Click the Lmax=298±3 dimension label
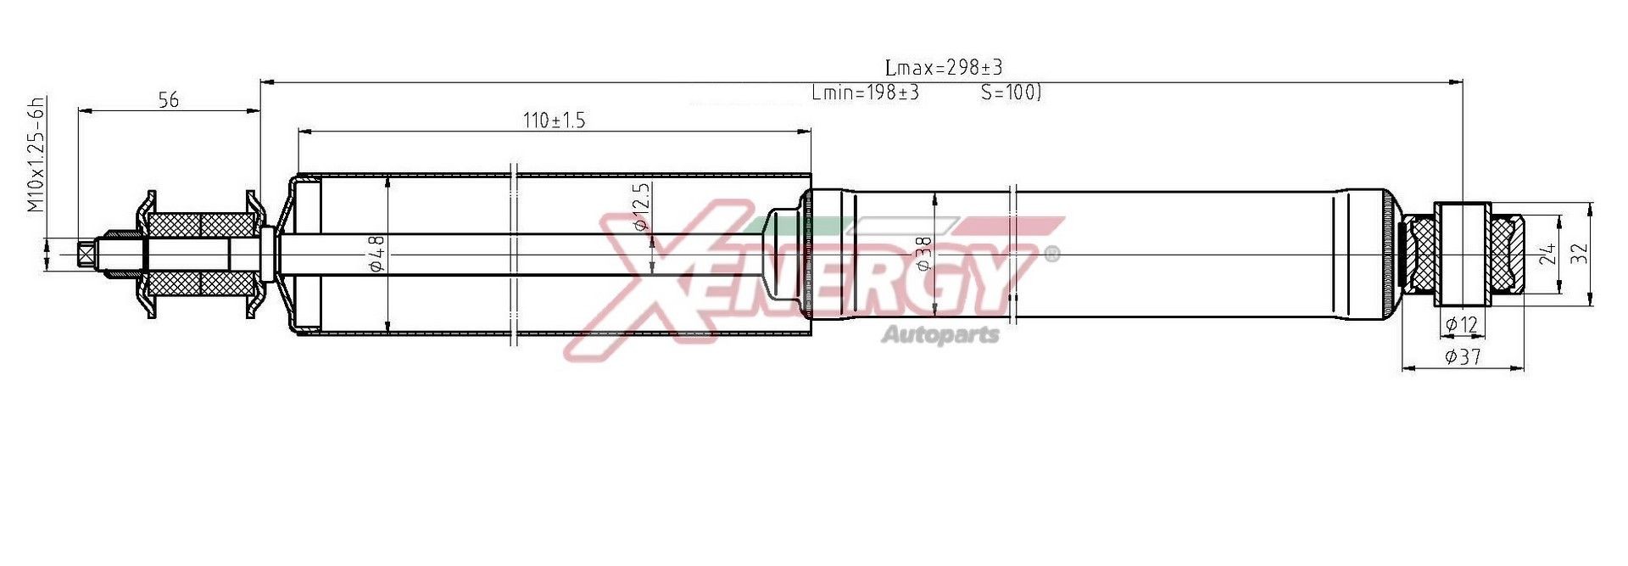click(x=943, y=67)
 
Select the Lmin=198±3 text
click(x=865, y=92)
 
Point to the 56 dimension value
click(x=169, y=100)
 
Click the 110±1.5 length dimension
click(x=555, y=120)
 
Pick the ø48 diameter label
click(x=378, y=253)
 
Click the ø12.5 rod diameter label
click(x=642, y=207)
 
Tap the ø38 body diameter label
click(x=925, y=253)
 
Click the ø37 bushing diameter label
click(x=1463, y=357)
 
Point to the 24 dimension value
click(x=1548, y=253)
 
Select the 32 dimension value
click(x=1578, y=253)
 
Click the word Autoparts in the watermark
click(x=940, y=334)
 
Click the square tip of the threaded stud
click(x=86, y=254)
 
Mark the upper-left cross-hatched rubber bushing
click(x=175, y=225)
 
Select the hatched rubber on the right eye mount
click(x=1510, y=254)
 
